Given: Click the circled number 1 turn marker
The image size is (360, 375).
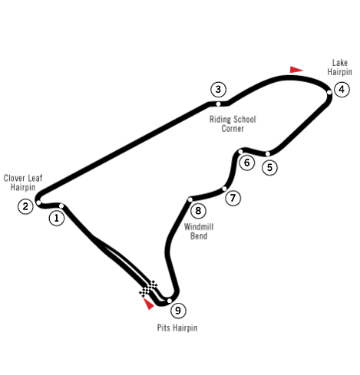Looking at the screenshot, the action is coord(57,218).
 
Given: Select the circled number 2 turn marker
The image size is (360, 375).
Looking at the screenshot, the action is coord(25,206).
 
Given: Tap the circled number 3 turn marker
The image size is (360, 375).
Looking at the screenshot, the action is coord(218,90).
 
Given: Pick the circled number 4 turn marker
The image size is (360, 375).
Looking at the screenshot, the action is coord(342,90).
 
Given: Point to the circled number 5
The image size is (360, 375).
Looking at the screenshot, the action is coord(269,167).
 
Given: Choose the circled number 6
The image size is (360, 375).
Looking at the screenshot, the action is coord(247,163).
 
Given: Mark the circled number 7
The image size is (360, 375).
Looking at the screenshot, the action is coord(233,198).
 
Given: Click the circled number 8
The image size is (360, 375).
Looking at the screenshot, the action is coord(198,211).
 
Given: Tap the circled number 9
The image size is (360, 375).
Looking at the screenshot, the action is coord(178,311).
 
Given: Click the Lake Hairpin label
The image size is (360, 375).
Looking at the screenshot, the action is coord(339,67).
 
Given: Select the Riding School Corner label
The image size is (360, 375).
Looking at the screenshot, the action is coord(233,124).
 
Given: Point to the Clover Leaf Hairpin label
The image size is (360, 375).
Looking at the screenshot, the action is coord(23,183).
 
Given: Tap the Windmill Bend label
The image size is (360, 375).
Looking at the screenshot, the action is coord(199,232).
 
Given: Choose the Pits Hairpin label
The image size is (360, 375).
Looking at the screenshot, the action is coord(177,327).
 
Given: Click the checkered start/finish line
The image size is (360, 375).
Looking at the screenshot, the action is coord(148,288).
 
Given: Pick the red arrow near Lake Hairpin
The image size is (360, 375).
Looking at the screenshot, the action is coord(296,70).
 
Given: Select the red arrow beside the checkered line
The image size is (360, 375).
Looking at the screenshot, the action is coord(148,304).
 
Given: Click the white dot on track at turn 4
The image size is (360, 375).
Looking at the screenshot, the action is coord(329,92).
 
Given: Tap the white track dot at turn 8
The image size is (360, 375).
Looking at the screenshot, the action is coord(190,199).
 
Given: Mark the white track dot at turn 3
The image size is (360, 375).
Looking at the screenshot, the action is coord(218,104).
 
